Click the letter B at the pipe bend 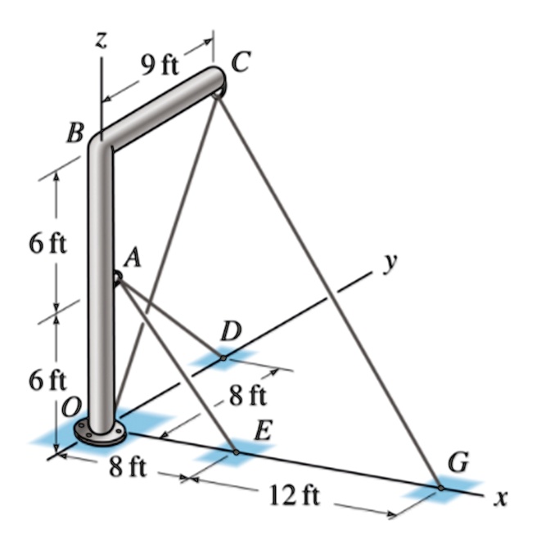click(76, 132)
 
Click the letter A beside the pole click(132, 258)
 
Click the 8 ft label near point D click(247, 397)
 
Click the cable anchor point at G click(440, 488)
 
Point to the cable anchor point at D click(223, 357)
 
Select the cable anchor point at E click(236, 451)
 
